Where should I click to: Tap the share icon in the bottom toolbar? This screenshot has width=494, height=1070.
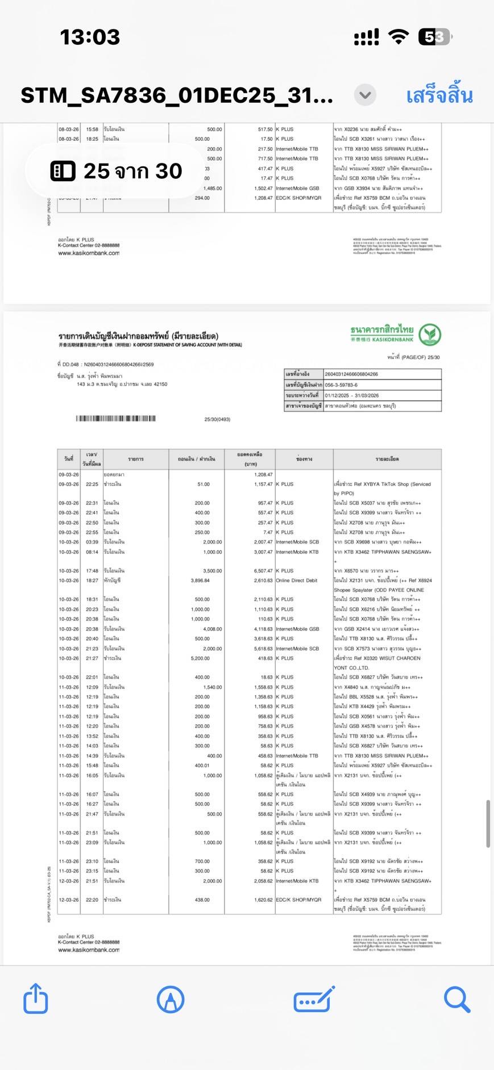(35, 998)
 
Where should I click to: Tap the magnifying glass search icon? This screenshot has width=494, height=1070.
(456, 999)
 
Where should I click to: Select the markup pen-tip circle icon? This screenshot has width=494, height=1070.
(170, 999)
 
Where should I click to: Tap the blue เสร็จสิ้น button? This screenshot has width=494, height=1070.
(439, 95)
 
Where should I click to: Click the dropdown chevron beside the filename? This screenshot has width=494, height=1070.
(365, 95)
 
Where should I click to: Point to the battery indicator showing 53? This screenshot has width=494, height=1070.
(435, 37)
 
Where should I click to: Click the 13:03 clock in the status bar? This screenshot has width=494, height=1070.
(90, 37)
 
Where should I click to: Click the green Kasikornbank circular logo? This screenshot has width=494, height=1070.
(430, 335)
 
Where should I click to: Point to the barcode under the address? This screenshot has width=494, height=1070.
(115, 419)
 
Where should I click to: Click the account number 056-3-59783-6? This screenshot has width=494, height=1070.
(341, 384)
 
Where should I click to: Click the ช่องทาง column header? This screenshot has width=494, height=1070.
(304, 459)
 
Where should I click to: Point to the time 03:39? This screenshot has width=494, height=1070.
(92, 542)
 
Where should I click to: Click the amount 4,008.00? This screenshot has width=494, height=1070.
(212, 629)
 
